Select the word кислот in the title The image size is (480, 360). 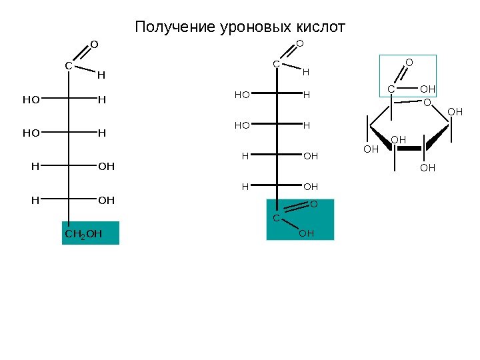point(321,27)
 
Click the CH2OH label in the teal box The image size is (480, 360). point(83,234)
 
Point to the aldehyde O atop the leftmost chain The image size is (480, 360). point(94,45)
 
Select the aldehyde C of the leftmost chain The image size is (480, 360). point(69,65)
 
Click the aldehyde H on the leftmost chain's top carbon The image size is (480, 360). point(101,75)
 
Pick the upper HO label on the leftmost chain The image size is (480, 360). point(31,101)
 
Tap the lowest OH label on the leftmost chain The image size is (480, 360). point(106,200)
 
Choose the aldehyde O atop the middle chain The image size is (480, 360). point(299,44)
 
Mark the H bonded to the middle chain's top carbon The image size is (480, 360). point(306,71)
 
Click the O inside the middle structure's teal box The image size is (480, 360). point(313,203)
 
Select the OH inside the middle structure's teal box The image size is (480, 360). point(306,233)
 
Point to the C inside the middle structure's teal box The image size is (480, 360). point(275,218)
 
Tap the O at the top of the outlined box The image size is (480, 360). point(409,63)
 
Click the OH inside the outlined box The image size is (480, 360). point(427,89)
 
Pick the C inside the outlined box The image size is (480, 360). point(391,89)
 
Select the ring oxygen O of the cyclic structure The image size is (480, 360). point(427,103)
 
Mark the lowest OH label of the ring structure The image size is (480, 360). point(427,168)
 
